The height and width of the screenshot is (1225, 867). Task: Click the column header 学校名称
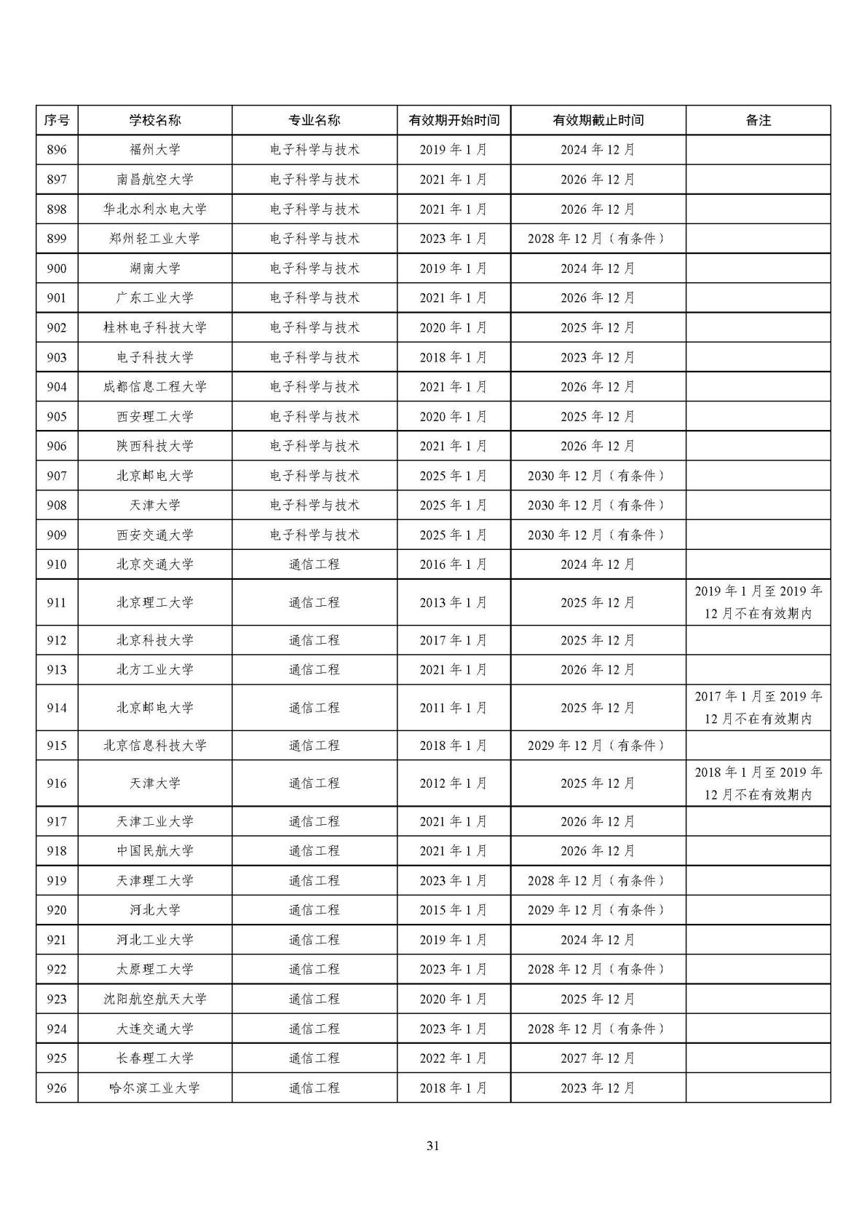pyautogui.click(x=155, y=121)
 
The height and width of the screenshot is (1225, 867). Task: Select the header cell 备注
pyautogui.click(x=758, y=121)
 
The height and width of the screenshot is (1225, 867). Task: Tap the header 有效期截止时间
pyautogui.click(x=598, y=121)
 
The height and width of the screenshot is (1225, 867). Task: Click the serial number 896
pyautogui.click(x=57, y=150)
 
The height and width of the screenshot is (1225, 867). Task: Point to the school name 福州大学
pyautogui.click(x=155, y=150)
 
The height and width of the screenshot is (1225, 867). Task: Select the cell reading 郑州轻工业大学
pyautogui.click(x=155, y=239)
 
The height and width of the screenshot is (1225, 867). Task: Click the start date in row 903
pyautogui.click(x=454, y=357)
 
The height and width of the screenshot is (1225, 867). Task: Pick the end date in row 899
pyautogui.click(x=598, y=239)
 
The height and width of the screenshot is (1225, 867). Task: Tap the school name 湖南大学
pyautogui.click(x=155, y=268)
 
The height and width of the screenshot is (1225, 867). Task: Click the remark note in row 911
pyautogui.click(x=758, y=602)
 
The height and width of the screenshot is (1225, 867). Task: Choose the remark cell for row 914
pyautogui.click(x=758, y=708)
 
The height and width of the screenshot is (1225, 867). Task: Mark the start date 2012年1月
pyautogui.click(x=454, y=783)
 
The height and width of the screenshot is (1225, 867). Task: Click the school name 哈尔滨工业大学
pyautogui.click(x=155, y=1088)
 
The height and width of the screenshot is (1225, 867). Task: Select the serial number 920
pyautogui.click(x=57, y=910)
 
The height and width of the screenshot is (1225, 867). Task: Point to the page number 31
pyautogui.click(x=433, y=1146)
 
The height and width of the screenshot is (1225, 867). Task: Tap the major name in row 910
pyautogui.click(x=314, y=564)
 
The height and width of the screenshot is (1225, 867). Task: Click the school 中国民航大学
pyautogui.click(x=155, y=851)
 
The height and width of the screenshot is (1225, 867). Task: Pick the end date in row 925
pyautogui.click(x=598, y=1058)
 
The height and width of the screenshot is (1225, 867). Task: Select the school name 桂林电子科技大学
pyautogui.click(x=155, y=327)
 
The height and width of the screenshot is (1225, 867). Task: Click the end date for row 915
pyautogui.click(x=598, y=746)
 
